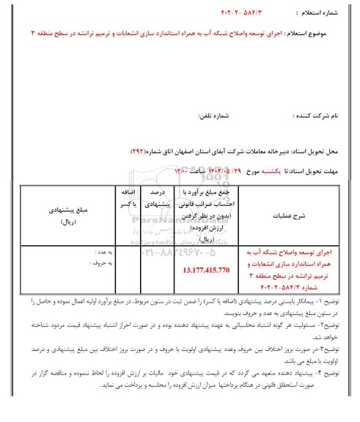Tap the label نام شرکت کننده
coord(323,116)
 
